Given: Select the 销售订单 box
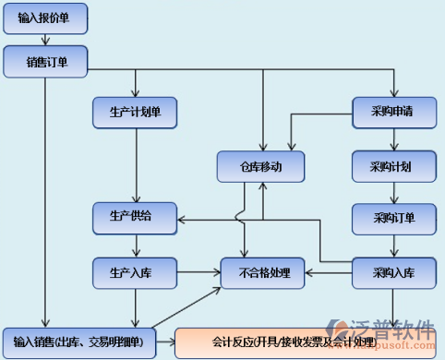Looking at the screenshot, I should pyautogui.click(x=44, y=63).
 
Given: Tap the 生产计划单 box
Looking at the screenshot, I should pyautogui.click(x=136, y=112).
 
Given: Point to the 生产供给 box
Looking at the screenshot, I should pyautogui.click(x=136, y=218).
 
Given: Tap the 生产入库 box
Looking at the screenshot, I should pyautogui.click(x=136, y=272).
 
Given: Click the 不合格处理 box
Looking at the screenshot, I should pyautogui.click(x=264, y=272).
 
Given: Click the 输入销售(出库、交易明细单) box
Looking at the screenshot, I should pyautogui.click(x=78, y=342).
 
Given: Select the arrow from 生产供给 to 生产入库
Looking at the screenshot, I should pyautogui.click(x=136, y=246).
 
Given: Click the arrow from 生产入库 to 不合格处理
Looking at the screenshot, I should pyautogui.click(x=198, y=272).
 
